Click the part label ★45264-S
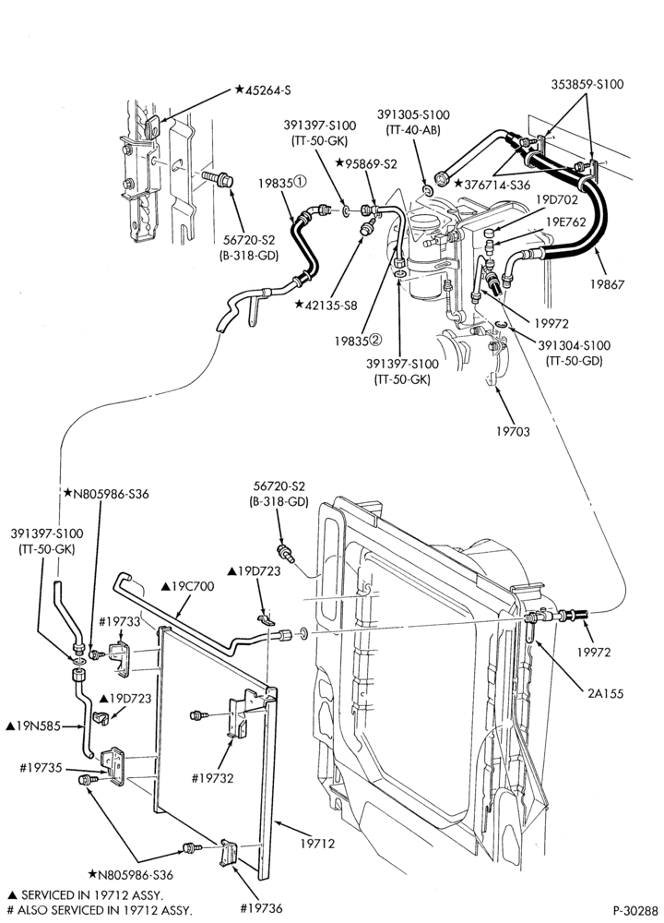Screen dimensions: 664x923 [x=263, y=90]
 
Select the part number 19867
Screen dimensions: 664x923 [x=607, y=284]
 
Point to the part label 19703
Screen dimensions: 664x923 [x=513, y=431]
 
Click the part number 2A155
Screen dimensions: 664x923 [x=605, y=694]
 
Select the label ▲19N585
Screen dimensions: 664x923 [x=33, y=726]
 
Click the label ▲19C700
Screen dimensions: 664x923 [x=187, y=586]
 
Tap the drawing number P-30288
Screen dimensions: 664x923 [x=634, y=910]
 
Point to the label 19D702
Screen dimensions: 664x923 [x=556, y=199]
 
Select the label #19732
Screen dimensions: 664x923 [x=212, y=778]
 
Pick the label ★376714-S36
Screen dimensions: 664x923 [x=492, y=185]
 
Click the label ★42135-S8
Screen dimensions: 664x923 [x=326, y=305]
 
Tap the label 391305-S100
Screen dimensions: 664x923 [x=413, y=115]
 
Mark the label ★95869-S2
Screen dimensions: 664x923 [x=366, y=163]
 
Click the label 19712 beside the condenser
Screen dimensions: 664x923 [x=317, y=844]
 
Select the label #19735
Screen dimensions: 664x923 [x=41, y=768]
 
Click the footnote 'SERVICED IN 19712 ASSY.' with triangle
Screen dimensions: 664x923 [x=84, y=895]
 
